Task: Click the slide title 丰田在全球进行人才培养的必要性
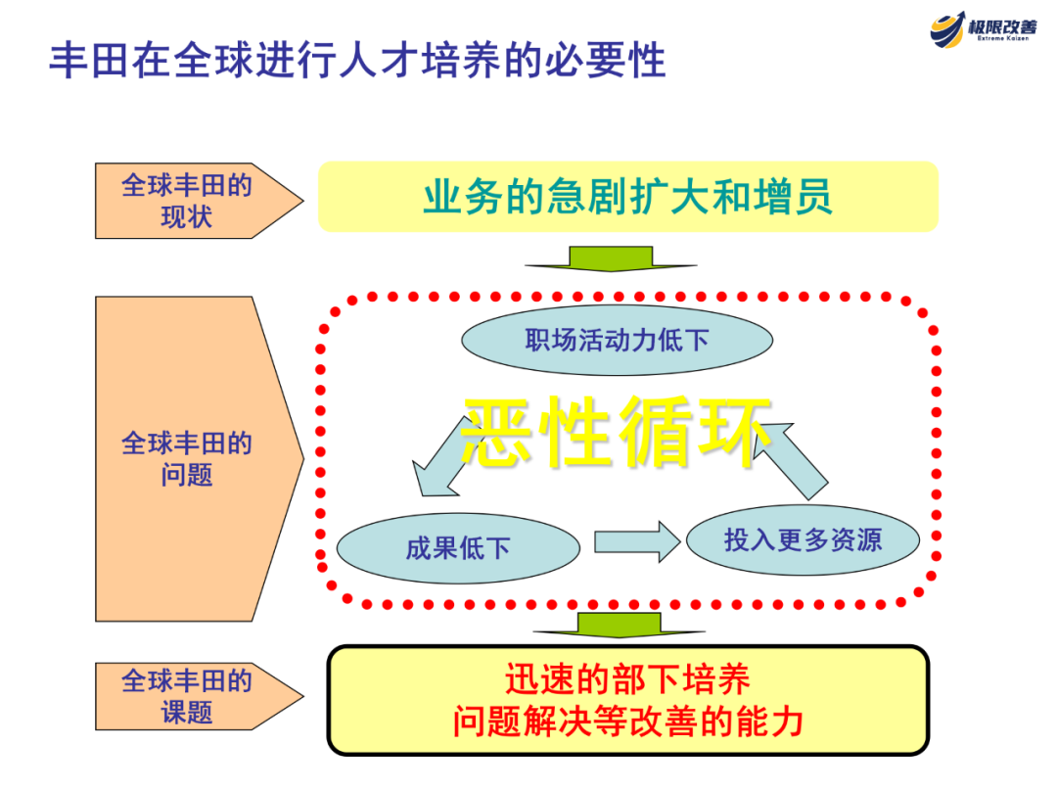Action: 357,60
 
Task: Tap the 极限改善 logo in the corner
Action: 983,29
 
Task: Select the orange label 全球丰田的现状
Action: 186,201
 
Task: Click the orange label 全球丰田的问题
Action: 186,458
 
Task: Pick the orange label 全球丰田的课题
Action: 186,696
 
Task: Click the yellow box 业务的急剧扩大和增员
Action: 627,197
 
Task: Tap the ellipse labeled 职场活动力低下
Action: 617,341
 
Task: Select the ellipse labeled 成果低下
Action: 458,548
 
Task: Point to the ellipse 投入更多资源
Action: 803,539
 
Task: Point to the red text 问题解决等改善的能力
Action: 627,723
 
